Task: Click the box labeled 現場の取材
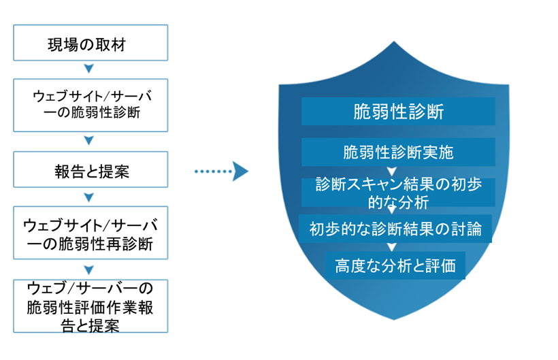click(x=91, y=44)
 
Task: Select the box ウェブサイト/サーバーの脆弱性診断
click(x=91, y=103)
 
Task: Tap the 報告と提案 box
click(x=91, y=170)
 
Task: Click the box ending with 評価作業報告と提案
click(x=91, y=306)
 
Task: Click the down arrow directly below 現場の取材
click(x=88, y=69)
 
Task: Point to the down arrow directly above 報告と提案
click(x=88, y=141)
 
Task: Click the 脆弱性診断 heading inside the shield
click(x=398, y=111)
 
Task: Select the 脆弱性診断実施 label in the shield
click(x=398, y=152)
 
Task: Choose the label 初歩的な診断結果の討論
click(x=395, y=229)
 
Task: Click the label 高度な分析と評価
click(x=395, y=264)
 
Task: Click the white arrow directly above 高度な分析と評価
click(x=391, y=247)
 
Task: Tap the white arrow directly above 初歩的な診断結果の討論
click(x=391, y=210)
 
